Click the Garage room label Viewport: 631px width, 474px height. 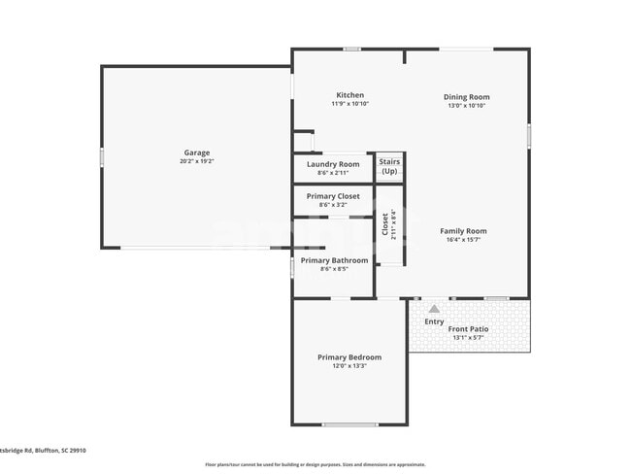pos(196,152)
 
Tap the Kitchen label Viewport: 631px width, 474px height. pos(350,95)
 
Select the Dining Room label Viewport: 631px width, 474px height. pos(466,97)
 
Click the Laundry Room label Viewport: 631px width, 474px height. pos(333,164)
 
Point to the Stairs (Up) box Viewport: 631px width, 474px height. pos(389,166)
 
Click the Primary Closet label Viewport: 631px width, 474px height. pos(333,196)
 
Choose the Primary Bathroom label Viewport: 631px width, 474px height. pos(334,260)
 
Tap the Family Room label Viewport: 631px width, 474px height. pos(463,231)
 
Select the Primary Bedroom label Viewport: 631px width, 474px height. pos(349,357)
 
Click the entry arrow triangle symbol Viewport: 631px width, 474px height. pos(434,309)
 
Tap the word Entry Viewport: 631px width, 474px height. pos(434,322)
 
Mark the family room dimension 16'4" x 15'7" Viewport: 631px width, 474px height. pos(463,240)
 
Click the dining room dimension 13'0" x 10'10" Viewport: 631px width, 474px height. pos(466,105)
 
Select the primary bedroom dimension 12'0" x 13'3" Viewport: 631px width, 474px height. pos(349,366)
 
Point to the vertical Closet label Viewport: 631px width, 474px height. pos(385,225)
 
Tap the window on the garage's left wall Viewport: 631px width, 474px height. pos(102,156)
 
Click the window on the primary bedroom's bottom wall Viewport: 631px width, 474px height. pos(350,424)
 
